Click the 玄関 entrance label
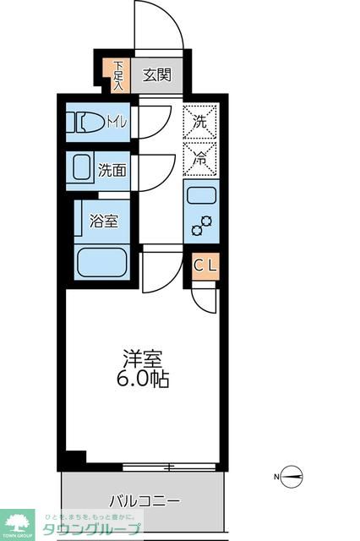point(155,75)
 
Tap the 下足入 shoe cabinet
point(118,75)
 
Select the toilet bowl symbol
point(88,123)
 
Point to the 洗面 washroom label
point(112,169)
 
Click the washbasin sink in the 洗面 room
point(82,168)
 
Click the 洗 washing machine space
point(200,121)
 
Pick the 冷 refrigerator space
point(200,157)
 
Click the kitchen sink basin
point(202,195)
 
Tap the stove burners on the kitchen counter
point(202,225)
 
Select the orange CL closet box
point(205,266)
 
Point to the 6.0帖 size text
point(141,379)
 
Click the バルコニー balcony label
point(144,501)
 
